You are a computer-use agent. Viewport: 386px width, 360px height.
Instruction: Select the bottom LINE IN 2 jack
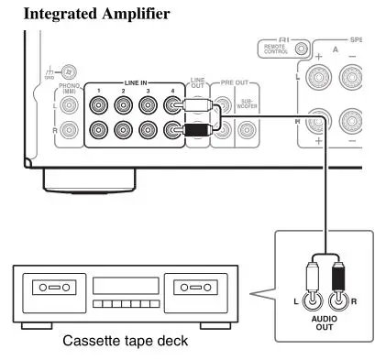tap(125, 131)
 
